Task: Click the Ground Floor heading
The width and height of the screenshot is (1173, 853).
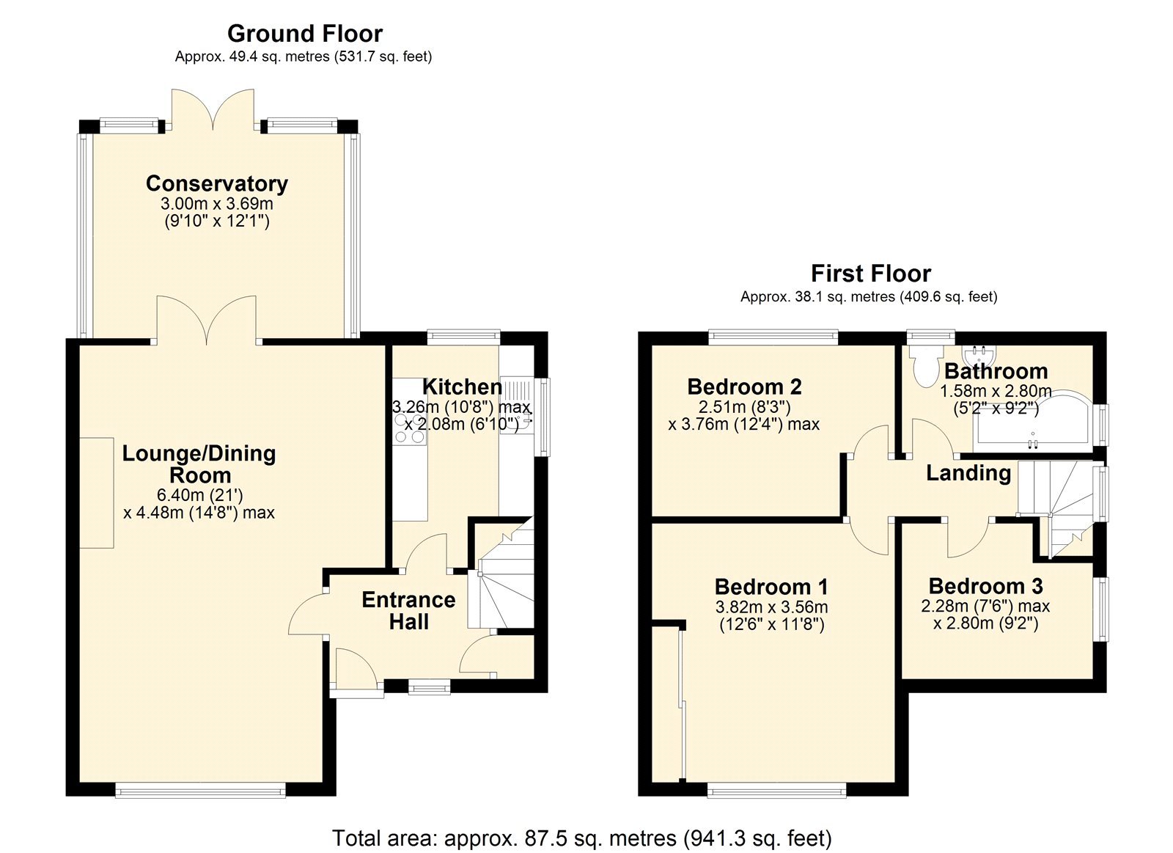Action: pos(304,34)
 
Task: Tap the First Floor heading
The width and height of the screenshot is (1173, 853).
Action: pos(870,274)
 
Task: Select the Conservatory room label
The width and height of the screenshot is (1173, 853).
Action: pos(216,183)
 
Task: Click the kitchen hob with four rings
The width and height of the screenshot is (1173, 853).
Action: pos(409,428)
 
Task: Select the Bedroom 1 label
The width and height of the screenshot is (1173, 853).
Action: pos(771,587)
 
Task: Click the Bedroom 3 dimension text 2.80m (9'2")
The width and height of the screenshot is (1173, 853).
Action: pos(985,623)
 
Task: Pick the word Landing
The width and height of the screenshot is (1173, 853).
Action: pos(968,473)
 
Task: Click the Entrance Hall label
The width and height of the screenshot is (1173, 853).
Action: pos(408,610)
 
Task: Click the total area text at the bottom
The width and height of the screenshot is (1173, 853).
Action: pos(581,838)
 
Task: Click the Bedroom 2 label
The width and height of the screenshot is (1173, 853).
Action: pos(744,387)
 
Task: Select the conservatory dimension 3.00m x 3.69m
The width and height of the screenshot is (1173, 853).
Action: pos(216,204)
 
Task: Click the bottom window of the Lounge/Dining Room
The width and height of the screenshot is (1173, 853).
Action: pos(200,790)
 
